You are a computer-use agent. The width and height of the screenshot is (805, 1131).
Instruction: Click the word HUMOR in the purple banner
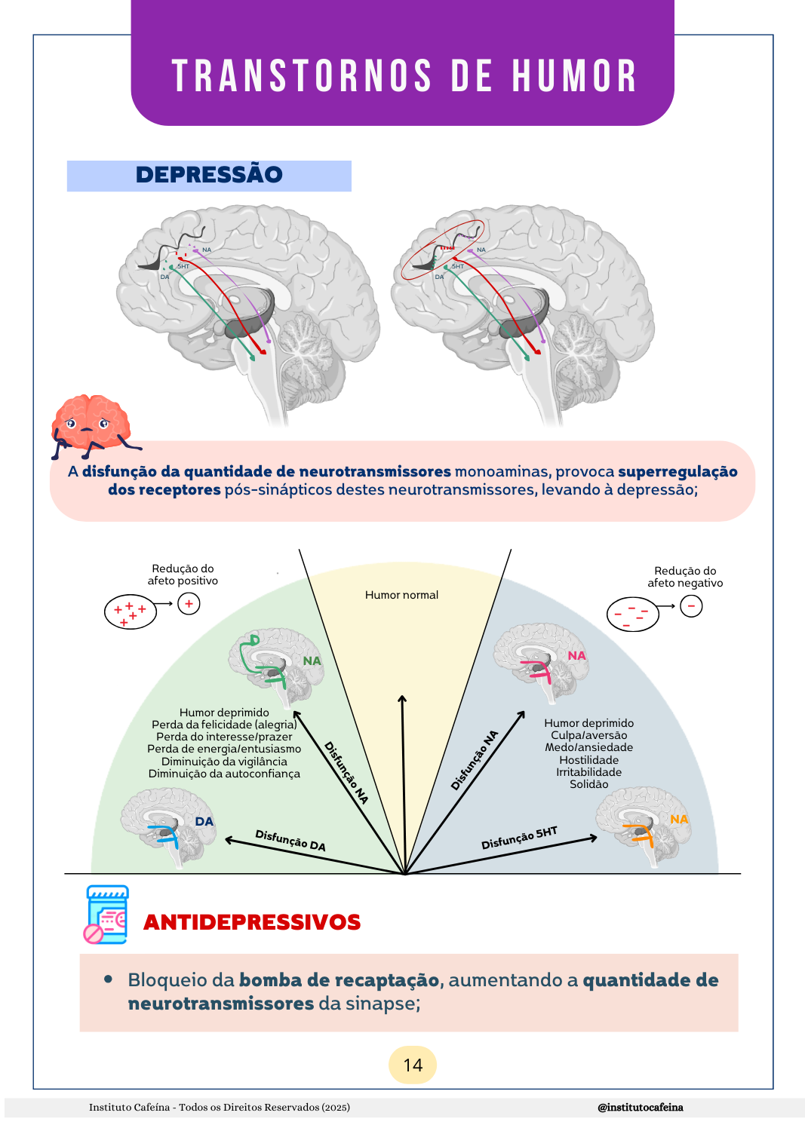pos(574,77)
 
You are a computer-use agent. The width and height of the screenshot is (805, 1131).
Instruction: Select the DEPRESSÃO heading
pos(209,175)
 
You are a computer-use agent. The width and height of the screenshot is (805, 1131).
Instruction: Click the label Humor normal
pos(401,595)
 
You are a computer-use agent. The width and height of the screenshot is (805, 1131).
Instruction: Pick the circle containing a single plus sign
pos(189,603)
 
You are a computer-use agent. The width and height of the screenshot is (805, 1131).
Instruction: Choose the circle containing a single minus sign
pos(691,605)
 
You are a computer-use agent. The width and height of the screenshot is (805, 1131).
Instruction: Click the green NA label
pos(312,661)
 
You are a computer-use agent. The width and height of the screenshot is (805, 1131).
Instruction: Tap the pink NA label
pos(576,656)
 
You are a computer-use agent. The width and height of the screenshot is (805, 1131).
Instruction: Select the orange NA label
pos(679,820)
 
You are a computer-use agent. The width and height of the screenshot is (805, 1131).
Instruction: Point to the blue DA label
pos(204,822)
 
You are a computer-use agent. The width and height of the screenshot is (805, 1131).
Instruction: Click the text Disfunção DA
pos(290,840)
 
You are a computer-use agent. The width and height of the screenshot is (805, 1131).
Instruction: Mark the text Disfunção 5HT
pos(519,837)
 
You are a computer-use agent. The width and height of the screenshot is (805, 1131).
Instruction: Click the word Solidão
pos(589,784)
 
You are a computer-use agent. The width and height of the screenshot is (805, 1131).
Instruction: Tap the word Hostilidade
pos(589,760)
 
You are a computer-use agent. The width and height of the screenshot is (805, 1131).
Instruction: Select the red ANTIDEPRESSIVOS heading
pos(252,922)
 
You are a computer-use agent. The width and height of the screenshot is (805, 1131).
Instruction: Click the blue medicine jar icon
pos(106,914)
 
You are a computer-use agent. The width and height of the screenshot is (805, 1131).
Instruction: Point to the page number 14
pos(413,1065)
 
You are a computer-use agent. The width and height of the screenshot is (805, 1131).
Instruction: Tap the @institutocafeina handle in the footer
pos(640,1108)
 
